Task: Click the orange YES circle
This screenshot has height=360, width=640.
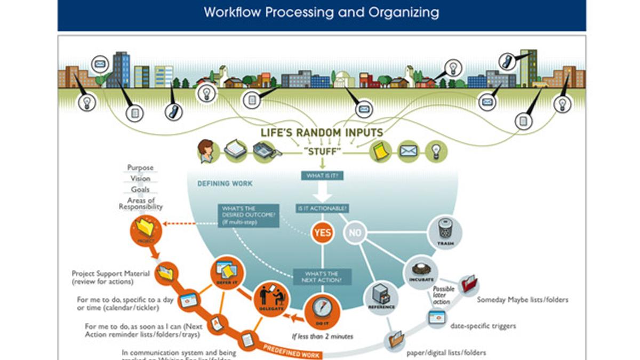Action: coord(323,233)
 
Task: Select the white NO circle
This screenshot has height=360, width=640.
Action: coord(355,233)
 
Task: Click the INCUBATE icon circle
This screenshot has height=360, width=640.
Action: coord(422,271)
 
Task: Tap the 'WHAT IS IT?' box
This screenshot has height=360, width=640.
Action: coord(322,175)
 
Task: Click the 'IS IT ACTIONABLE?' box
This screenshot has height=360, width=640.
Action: coord(322,208)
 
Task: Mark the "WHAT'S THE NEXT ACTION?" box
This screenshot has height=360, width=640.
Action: coord(322,276)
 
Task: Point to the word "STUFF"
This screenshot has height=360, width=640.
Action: coord(322,151)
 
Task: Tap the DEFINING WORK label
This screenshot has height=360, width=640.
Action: coord(225,184)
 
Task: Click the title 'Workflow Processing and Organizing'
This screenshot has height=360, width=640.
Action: coord(322,12)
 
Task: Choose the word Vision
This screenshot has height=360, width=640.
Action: coord(140,179)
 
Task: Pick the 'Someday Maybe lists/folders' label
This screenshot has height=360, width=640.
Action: coord(523,300)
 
